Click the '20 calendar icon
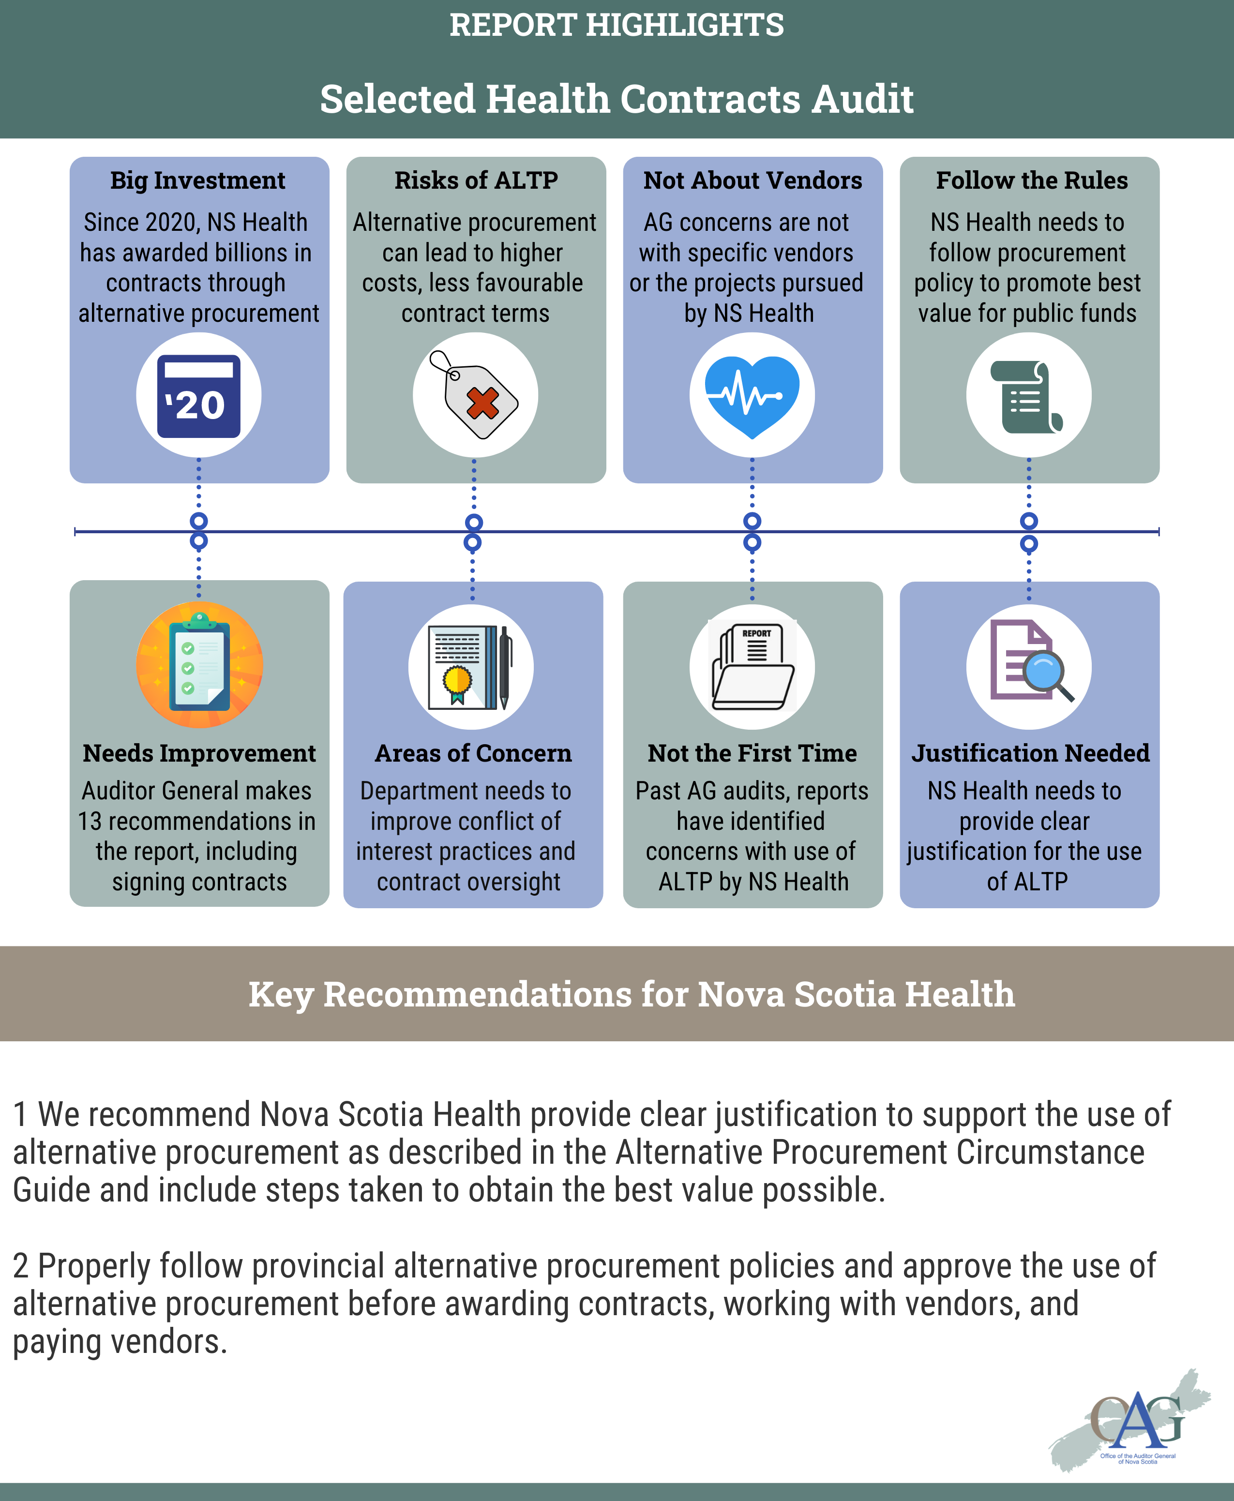pyautogui.click(x=198, y=396)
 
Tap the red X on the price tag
pyautogui.click(x=482, y=404)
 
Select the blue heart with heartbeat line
pyautogui.click(x=752, y=395)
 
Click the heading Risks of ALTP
pyautogui.click(x=476, y=180)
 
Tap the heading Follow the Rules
pyautogui.click(x=1031, y=180)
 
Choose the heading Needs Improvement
pyautogui.click(x=199, y=753)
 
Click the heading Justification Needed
pyautogui.click(x=1030, y=753)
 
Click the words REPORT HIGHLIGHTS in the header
pyautogui.click(x=617, y=26)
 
